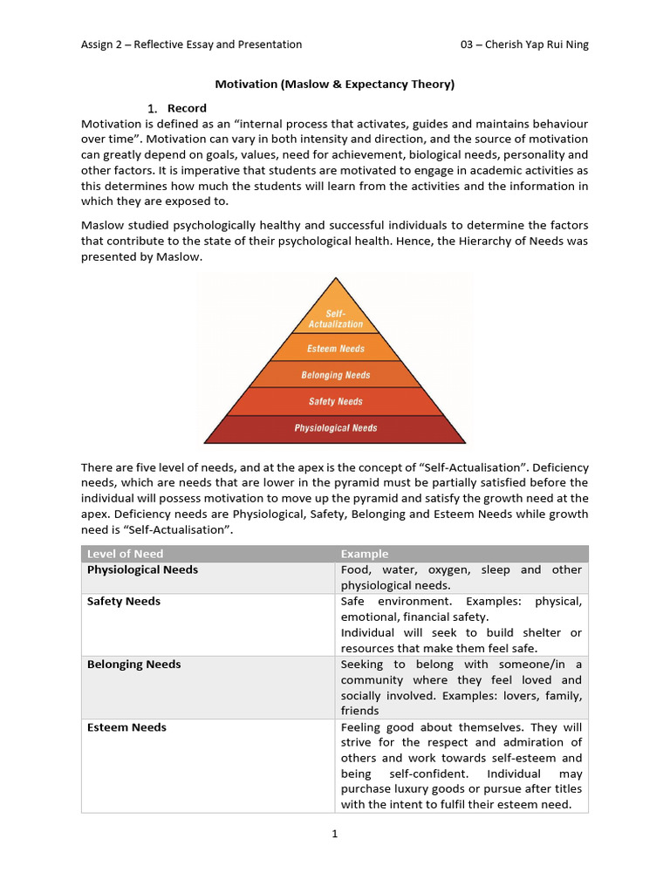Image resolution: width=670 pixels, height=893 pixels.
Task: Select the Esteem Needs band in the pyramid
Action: [335, 349]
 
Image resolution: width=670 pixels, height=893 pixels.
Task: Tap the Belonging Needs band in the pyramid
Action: [335, 375]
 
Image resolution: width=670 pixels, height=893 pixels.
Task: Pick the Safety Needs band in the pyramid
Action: [335, 402]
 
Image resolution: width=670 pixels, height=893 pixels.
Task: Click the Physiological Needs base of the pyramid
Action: [335, 428]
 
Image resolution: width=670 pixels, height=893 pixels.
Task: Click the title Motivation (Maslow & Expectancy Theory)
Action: [335, 85]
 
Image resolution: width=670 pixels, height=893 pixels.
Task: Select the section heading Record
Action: [187, 108]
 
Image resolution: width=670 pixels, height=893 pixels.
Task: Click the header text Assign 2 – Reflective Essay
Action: [191, 44]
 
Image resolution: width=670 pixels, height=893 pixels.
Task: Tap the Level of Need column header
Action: [125, 554]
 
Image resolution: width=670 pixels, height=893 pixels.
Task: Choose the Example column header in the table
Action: [365, 554]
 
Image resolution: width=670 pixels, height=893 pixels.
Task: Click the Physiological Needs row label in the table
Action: [142, 569]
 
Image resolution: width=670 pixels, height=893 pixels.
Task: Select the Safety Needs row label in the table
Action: [123, 601]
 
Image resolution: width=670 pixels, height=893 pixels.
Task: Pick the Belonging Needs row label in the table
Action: [133, 664]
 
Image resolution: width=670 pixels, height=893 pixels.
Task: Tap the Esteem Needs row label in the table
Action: [126, 726]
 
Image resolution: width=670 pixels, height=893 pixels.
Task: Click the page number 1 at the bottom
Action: [334, 834]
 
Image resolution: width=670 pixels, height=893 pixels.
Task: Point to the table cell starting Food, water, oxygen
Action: [461, 577]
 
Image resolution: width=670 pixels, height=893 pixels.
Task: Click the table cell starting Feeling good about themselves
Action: [461, 766]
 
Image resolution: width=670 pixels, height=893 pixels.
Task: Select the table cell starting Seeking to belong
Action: [461, 687]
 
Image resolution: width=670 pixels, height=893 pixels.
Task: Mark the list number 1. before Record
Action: [152, 108]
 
